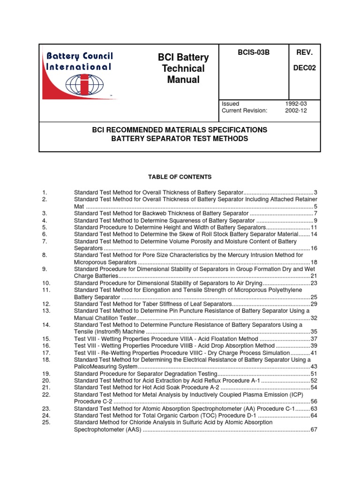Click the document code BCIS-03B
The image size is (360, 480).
coord(254,52)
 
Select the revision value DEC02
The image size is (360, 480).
coord(305,67)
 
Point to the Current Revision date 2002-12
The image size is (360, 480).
coord(294,111)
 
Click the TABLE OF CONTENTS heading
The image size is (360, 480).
coord(180,177)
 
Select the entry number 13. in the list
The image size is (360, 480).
coord(46,311)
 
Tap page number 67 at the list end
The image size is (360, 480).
coord(314,429)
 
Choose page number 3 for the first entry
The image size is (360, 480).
coord(315,193)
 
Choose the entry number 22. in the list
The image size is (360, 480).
coord(46,395)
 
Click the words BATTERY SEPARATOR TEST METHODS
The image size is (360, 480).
coord(180,139)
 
